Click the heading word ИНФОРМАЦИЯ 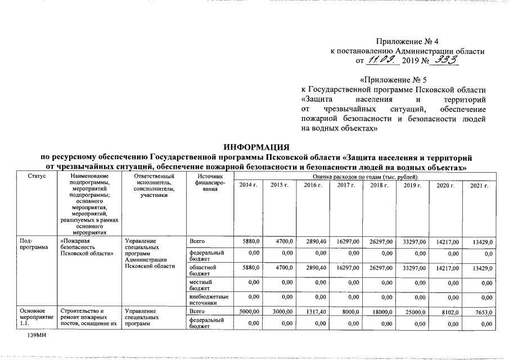coord(254,147)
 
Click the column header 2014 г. coord(249,185)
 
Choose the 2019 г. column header coord(413,185)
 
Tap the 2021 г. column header coord(479,185)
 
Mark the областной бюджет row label coord(203,270)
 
